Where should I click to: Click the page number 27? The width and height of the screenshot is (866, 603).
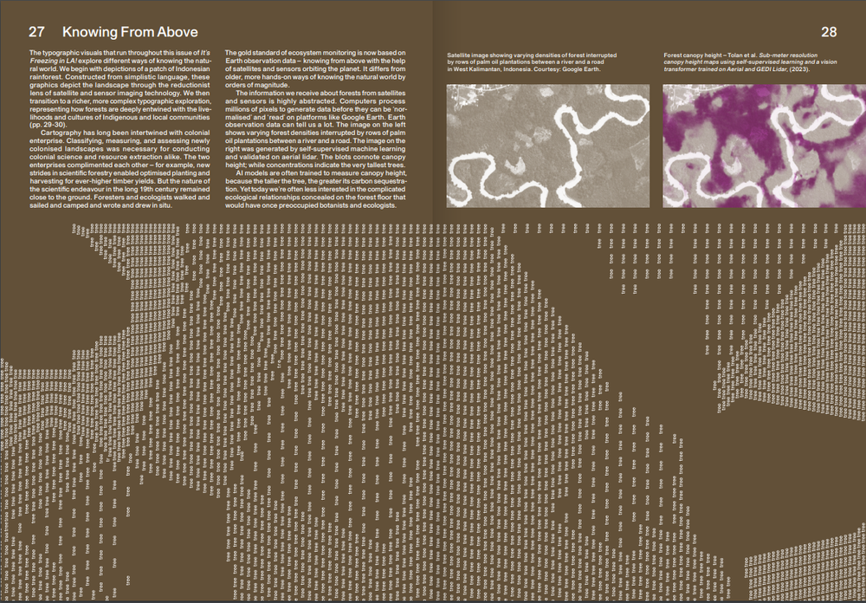(x=36, y=33)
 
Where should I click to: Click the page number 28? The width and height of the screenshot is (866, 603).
(x=829, y=33)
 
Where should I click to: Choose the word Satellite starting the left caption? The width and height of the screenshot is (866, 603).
(x=462, y=54)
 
